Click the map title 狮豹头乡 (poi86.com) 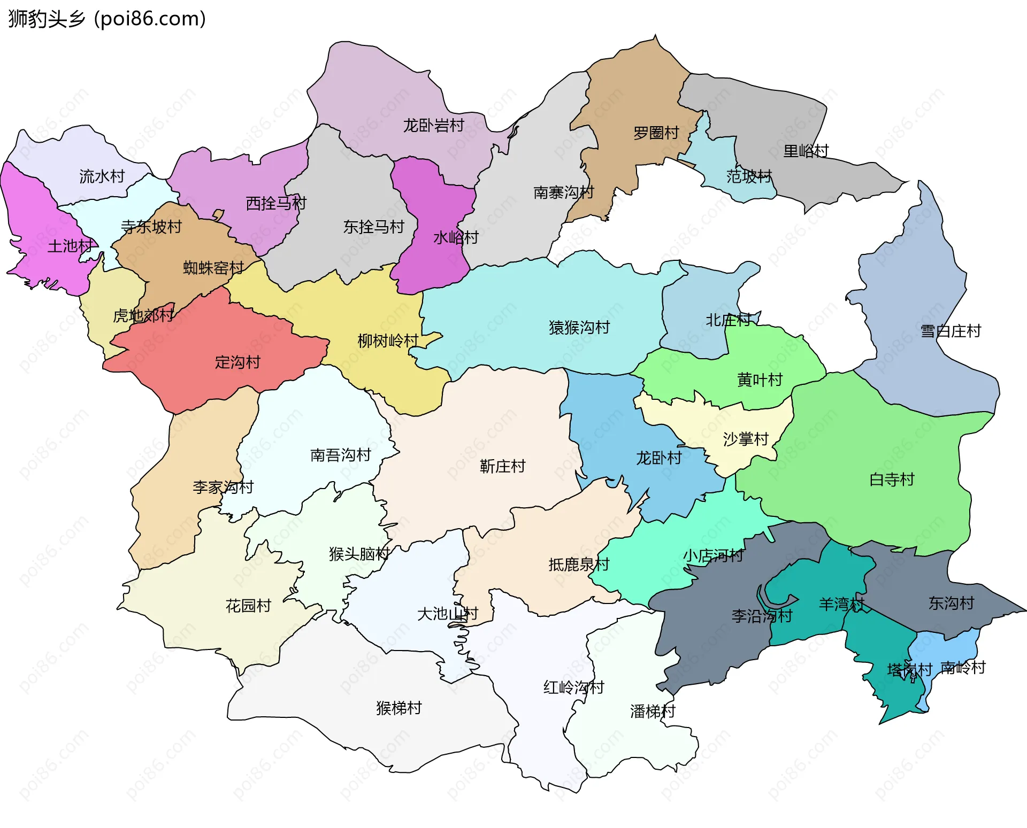point(107,19)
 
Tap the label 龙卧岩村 point(433,126)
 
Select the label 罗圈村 point(656,133)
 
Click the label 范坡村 point(749,176)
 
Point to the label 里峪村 point(806,151)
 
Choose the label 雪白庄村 point(951,331)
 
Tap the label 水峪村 point(456,237)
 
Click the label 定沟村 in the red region point(237,362)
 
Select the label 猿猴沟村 point(579,327)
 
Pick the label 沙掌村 point(746,439)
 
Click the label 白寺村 point(892,479)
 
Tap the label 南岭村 point(963,668)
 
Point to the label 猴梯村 point(399,708)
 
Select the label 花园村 point(248,606)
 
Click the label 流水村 point(102,176)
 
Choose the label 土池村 point(70,246)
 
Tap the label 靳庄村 point(502,466)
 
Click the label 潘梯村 point(653,711)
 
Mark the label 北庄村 point(728,320)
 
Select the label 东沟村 point(951,603)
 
